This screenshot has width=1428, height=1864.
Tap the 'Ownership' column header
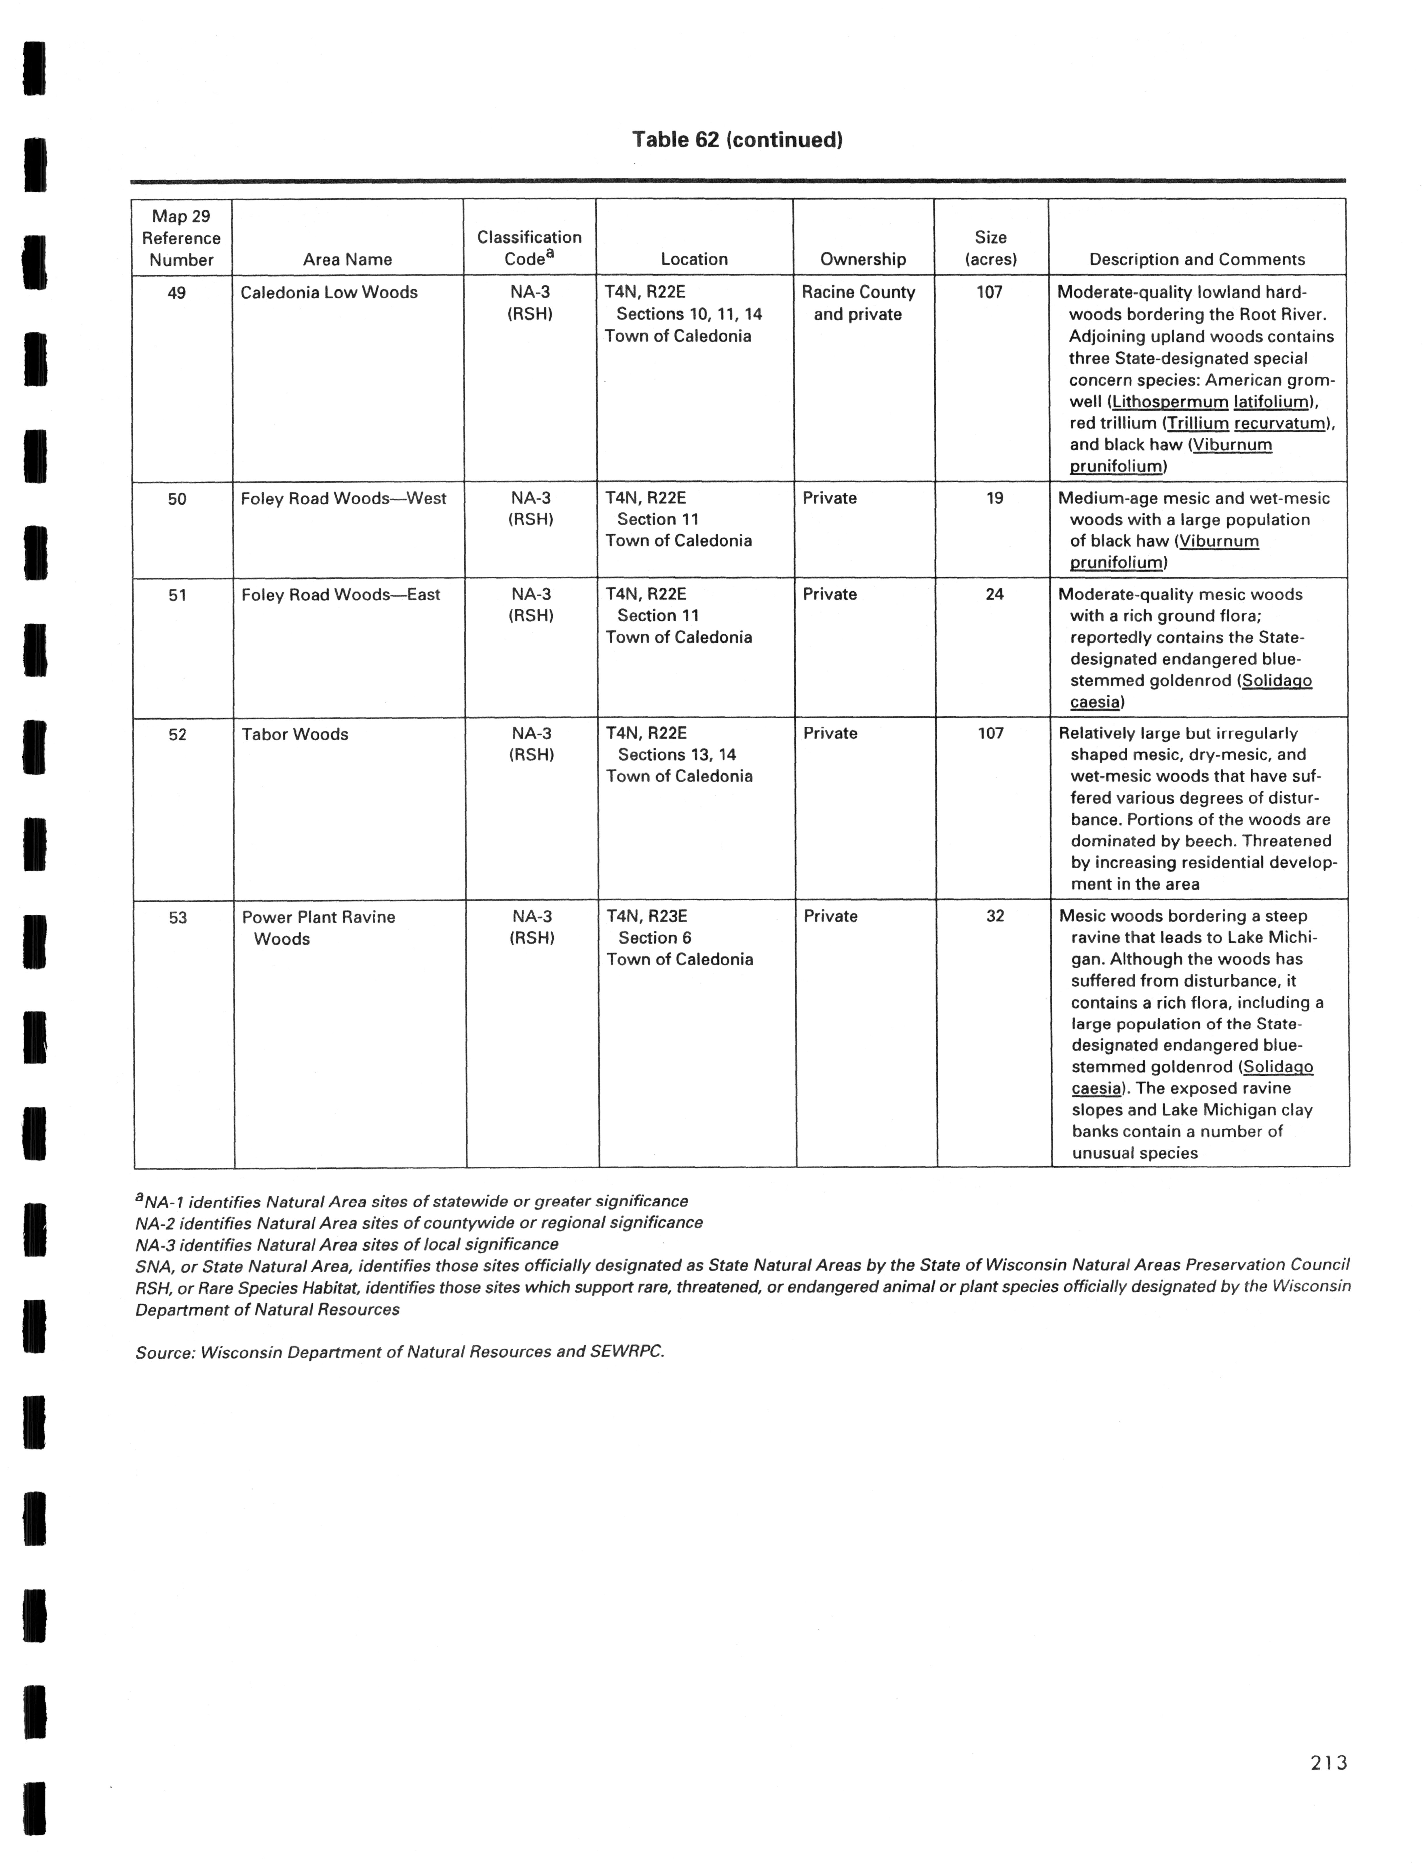click(863, 259)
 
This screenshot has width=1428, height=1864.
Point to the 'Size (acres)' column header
click(990, 248)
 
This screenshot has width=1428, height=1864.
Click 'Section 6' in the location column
click(655, 937)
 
